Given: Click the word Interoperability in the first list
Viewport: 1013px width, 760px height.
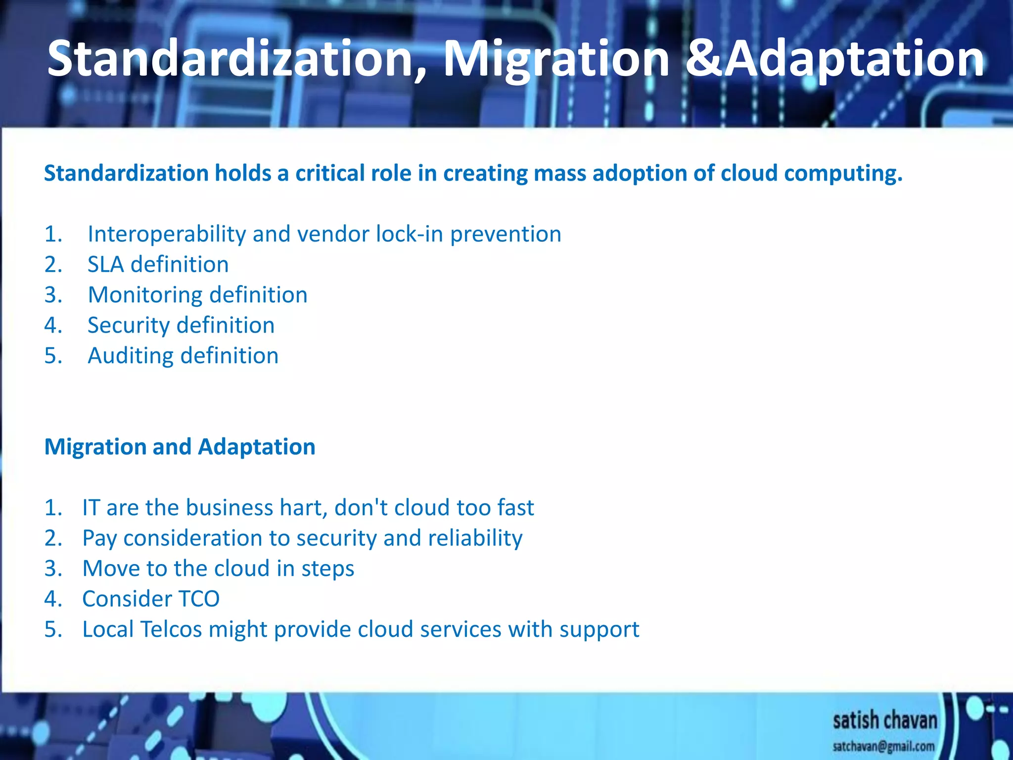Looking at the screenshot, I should coord(167,234).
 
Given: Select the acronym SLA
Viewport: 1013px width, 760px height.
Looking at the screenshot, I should coord(105,264).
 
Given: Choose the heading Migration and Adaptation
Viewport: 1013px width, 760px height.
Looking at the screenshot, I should coord(180,447).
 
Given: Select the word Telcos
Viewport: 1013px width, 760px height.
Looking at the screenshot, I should coord(171,629).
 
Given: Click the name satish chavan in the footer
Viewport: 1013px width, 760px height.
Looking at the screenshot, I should coord(884,720).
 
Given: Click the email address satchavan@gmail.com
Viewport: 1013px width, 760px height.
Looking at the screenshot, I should coord(883,746).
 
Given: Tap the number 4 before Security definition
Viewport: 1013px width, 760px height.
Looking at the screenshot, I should coord(52,326).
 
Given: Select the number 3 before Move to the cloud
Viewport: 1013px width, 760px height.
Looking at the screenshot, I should coord(52,569).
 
